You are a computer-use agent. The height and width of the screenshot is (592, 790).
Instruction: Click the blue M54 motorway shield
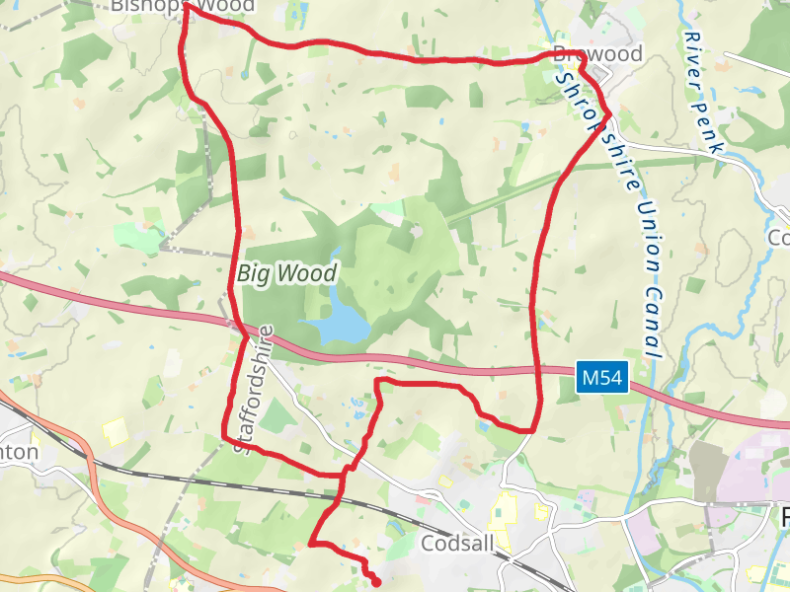[602, 377]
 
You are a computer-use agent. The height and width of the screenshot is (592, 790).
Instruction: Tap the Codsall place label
[457, 544]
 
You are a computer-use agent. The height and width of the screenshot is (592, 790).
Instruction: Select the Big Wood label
[287, 272]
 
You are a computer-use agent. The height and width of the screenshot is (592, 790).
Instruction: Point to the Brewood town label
[598, 54]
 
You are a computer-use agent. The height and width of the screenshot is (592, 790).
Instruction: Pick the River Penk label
[702, 90]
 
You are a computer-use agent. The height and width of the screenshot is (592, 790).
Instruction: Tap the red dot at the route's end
[376, 583]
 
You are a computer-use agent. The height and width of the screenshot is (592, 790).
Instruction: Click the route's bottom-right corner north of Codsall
[533, 429]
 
